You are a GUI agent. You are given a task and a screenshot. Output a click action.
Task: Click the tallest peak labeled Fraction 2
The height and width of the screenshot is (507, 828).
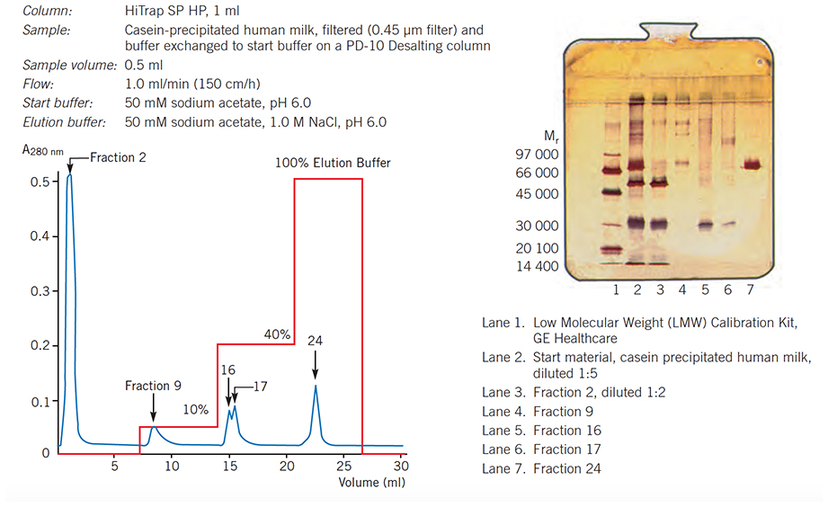point(69,177)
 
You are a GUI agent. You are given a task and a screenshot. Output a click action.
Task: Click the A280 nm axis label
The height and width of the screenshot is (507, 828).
point(42,152)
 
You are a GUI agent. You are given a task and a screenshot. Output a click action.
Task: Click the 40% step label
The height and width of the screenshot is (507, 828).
point(276,334)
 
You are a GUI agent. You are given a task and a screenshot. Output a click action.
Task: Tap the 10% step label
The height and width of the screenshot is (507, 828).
point(196,409)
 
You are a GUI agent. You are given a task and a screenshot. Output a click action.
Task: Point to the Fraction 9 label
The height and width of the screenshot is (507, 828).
point(153,386)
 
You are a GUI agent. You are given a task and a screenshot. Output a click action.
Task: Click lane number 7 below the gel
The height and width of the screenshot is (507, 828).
point(750,289)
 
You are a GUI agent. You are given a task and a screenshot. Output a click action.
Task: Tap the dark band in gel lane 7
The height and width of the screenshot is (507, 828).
point(750,165)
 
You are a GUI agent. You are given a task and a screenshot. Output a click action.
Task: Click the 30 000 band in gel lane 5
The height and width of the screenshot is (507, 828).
point(706,224)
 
